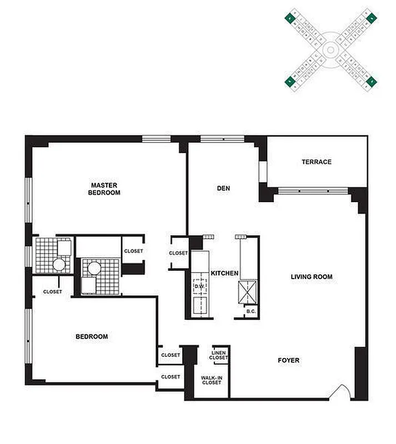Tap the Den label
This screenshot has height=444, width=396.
[223, 189]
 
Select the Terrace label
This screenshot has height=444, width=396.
[317, 162]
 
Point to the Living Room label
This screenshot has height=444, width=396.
[312, 276]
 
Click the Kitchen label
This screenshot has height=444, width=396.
[224, 274]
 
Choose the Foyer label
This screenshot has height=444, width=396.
[288, 361]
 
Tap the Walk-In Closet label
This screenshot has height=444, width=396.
[211, 380]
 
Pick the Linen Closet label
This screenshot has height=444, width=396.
[219, 355]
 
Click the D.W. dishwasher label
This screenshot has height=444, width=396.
[199, 286]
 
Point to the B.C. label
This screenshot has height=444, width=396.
[251, 312]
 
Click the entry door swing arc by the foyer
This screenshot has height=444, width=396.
[340, 392]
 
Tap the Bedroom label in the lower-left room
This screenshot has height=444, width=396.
[92, 336]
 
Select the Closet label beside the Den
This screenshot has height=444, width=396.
[178, 254]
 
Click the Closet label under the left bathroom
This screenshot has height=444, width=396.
[52, 292]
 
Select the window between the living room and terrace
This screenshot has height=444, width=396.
[313, 191]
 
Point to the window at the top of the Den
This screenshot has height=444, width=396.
[222, 139]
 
